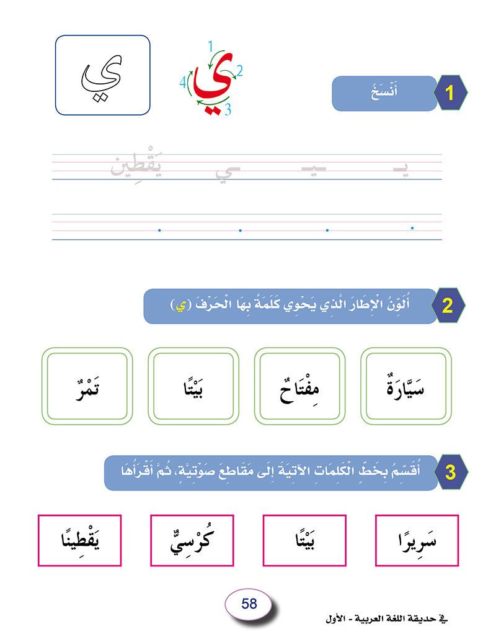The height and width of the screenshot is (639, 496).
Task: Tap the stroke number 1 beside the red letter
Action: (211, 45)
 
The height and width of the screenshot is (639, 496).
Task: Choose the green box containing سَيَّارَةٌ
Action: (406, 386)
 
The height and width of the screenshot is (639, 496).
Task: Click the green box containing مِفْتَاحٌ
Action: (300, 386)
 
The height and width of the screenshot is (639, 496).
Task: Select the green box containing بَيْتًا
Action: (193, 386)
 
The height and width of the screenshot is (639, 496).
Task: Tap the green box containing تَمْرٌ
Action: (87, 386)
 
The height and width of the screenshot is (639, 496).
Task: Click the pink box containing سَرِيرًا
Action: (418, 540)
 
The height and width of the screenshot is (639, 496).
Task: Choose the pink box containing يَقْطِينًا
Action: (79, 540)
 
